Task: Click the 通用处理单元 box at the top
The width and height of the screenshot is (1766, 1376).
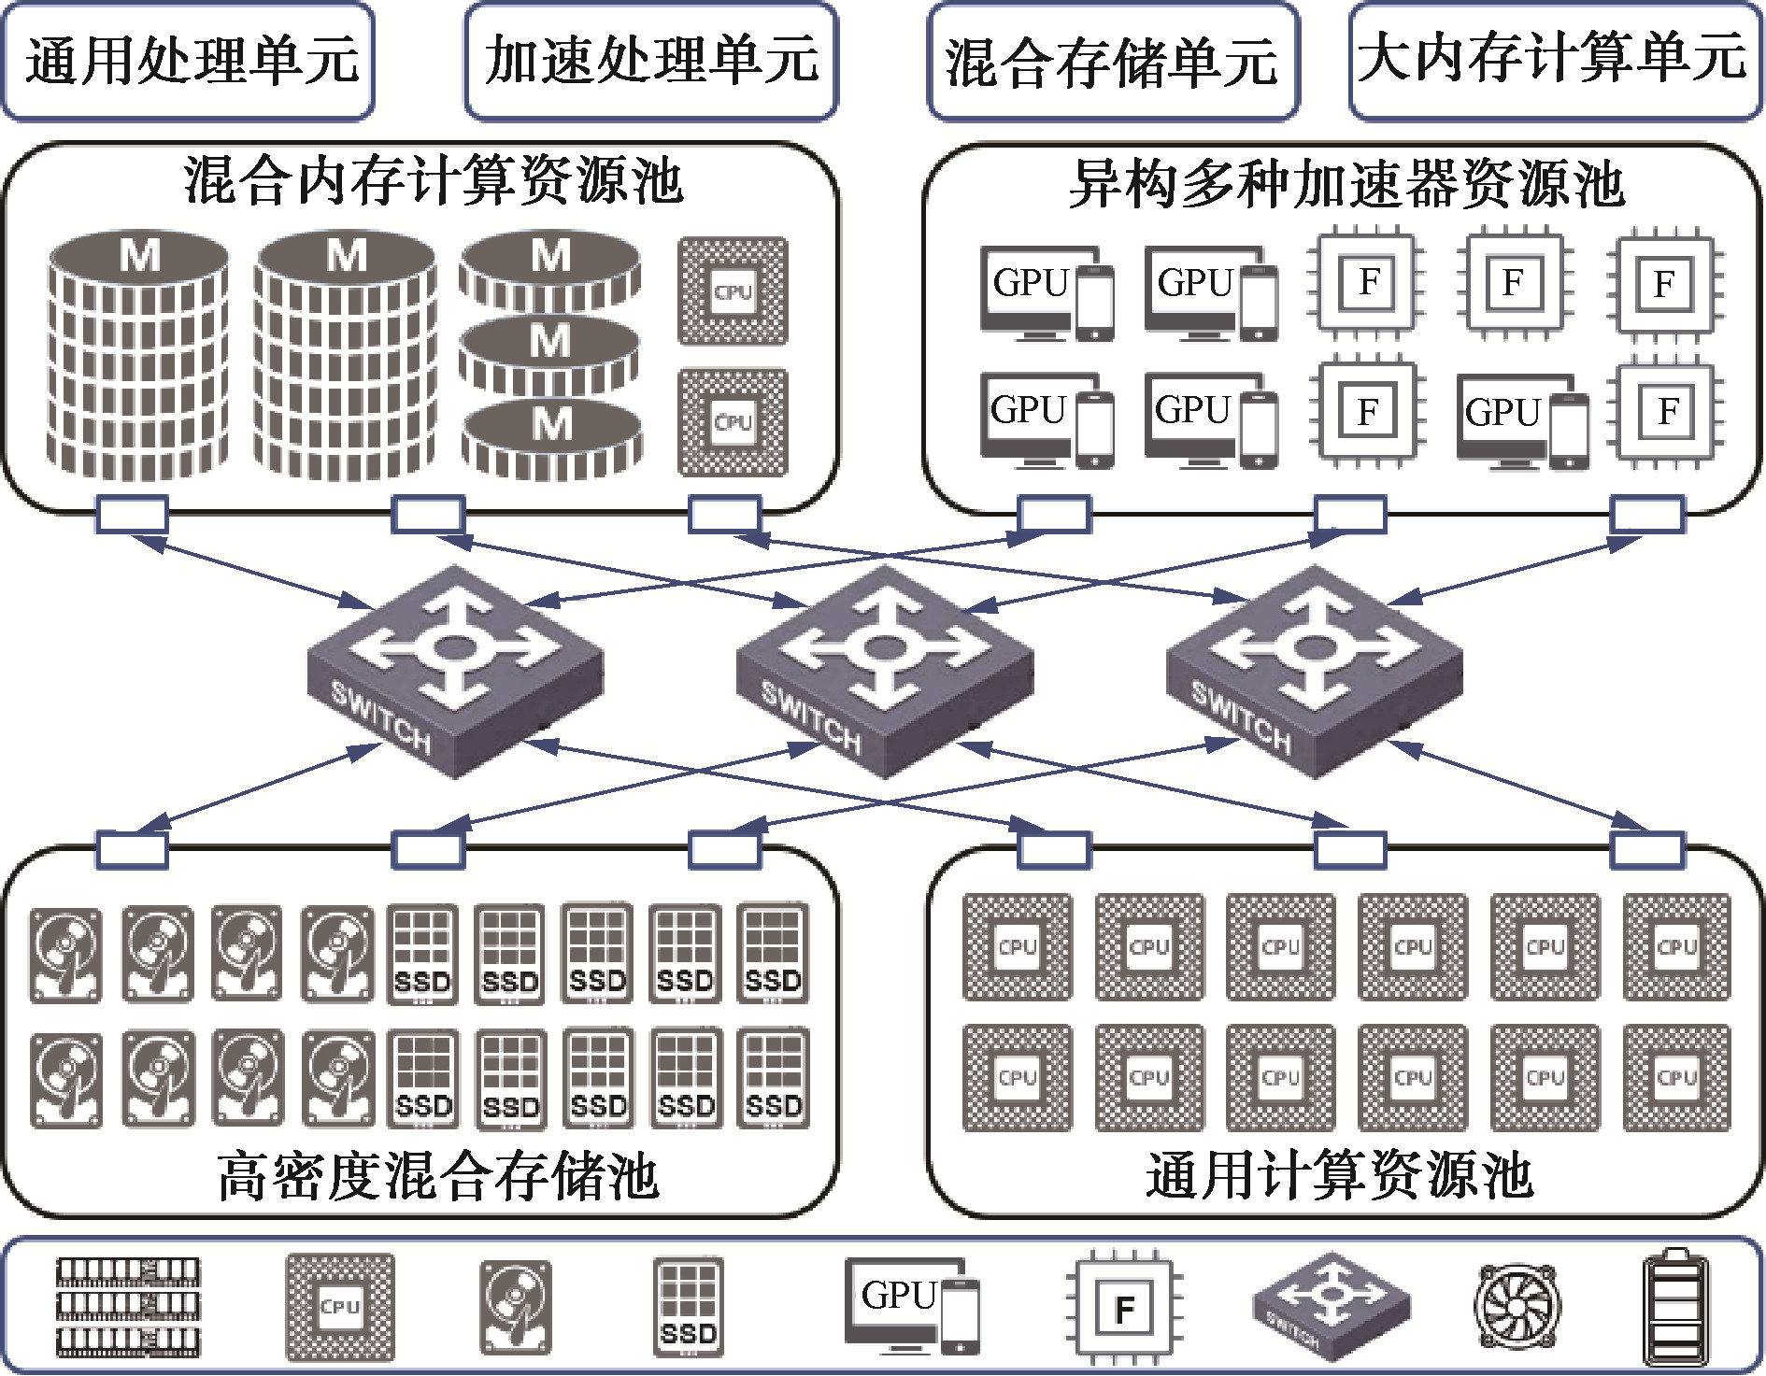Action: pos(188,62)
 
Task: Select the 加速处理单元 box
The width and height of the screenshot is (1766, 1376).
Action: pos(650,62)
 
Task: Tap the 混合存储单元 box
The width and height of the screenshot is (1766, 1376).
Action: pos(1112,62)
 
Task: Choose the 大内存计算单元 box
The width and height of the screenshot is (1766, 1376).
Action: pos(1554,62)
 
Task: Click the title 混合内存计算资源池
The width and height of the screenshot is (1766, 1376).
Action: pos(434,180)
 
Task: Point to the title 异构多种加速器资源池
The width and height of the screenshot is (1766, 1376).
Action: pos(1346,184)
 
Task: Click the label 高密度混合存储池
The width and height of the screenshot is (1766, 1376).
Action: pos(437,1175)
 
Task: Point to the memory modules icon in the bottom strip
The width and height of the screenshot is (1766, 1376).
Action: pos(128,1307)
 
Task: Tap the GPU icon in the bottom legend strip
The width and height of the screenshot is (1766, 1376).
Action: pos(912,1306)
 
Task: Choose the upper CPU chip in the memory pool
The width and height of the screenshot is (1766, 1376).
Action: pos(733,291)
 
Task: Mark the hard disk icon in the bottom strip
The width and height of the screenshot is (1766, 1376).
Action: pos(516,1307)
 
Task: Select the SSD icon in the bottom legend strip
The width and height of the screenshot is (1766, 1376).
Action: pos(688,1307)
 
